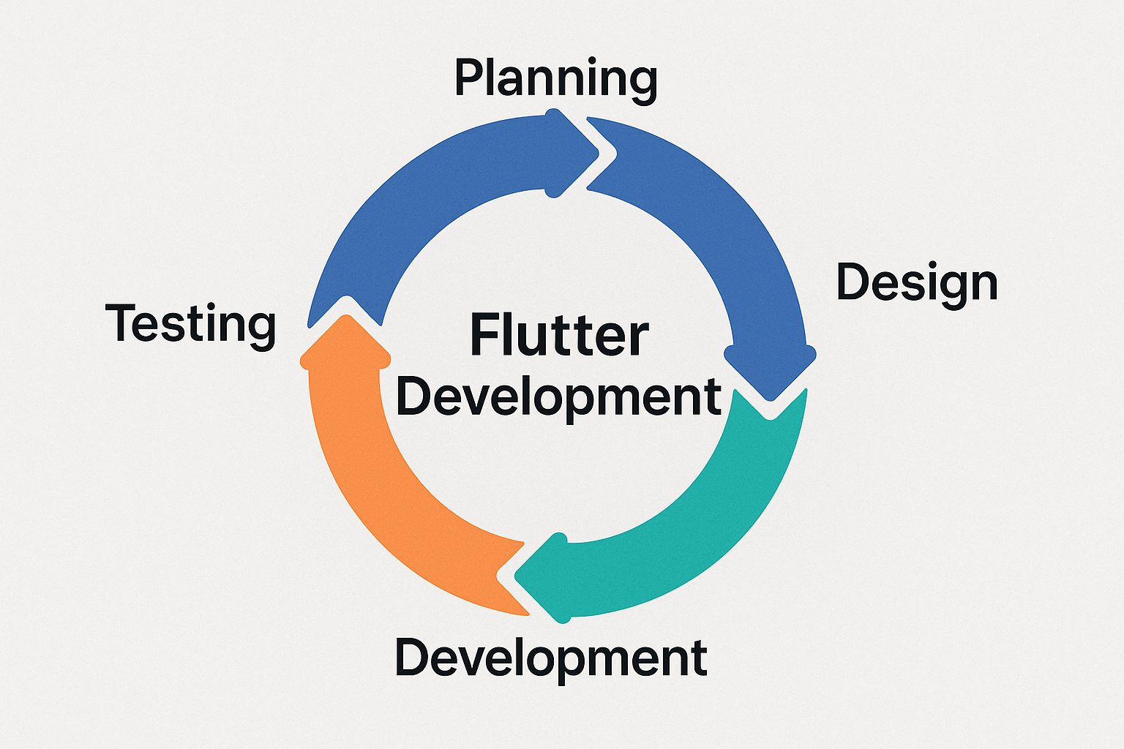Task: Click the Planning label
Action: click(555, 79)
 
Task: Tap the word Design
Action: click(917, 283)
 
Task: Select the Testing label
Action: click(191, 324)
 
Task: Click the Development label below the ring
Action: click(551, 658)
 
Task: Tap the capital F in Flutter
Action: click(484, 336)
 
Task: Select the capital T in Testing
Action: click(121, 323)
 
